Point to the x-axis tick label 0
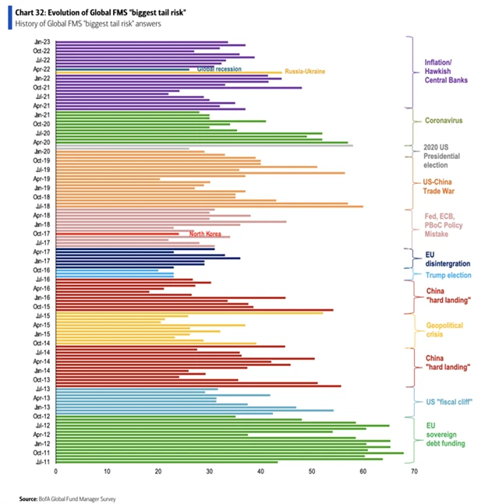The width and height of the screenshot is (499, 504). pos(55,471)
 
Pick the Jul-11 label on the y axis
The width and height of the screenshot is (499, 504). pos(41,462)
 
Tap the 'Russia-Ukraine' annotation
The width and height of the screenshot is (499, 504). pos(305,72)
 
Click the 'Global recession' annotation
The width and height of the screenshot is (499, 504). pos(219,69)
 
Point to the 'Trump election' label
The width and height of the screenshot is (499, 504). pos(448,275)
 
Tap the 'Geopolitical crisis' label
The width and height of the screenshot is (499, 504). pos(444,329)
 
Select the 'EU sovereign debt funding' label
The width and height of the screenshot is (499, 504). pos(445,435)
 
